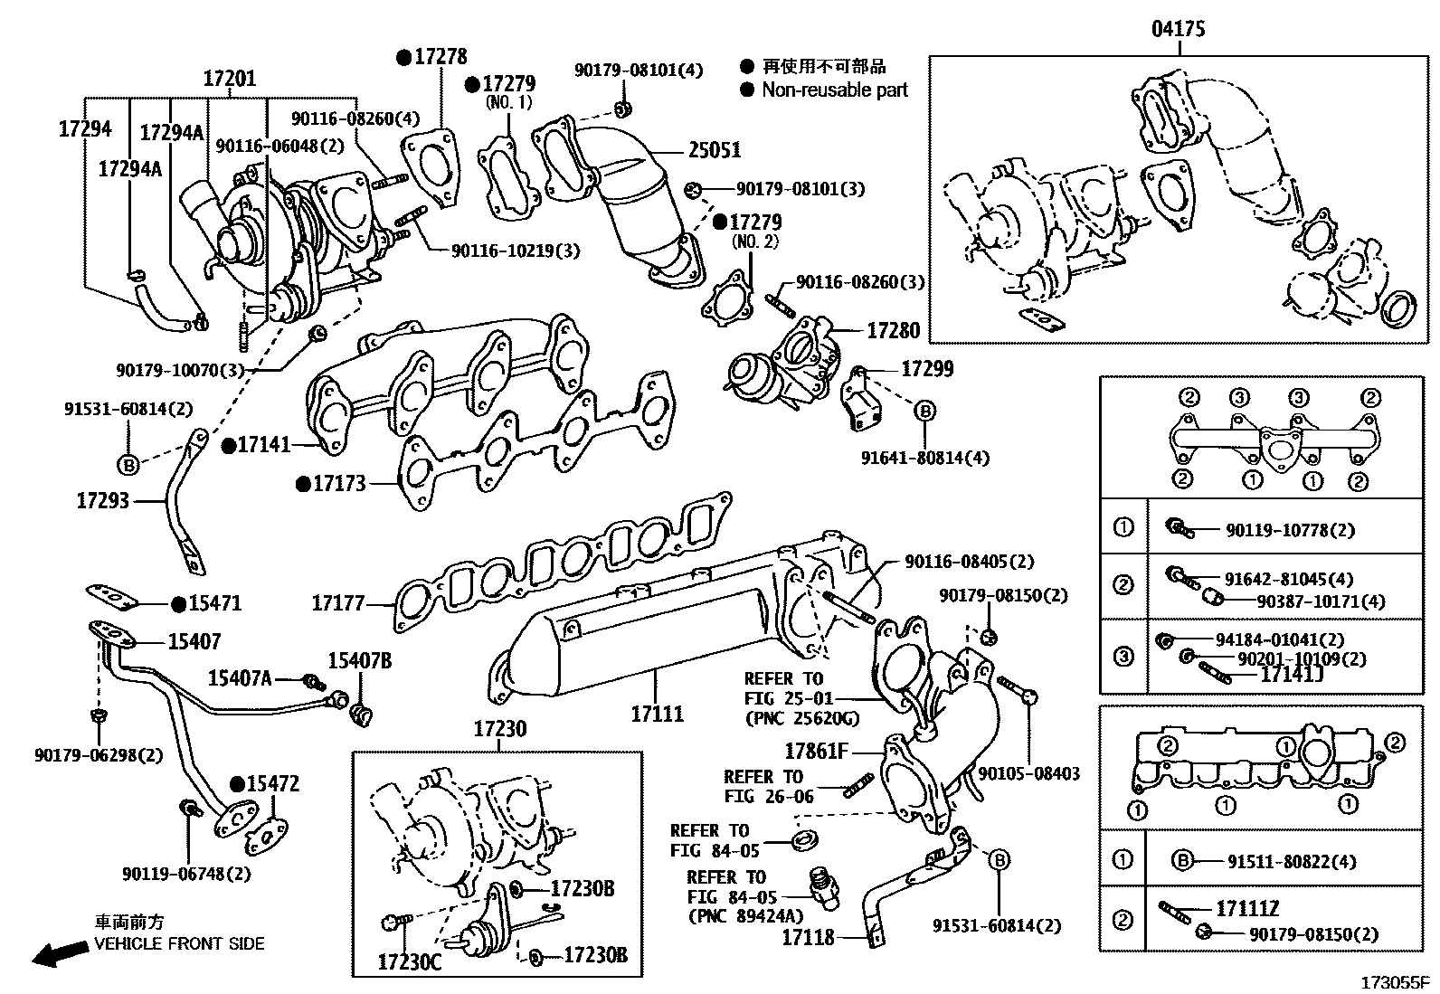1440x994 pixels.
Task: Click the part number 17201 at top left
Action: pyautogui.click(x=229, y=79)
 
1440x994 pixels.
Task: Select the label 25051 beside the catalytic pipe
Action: pyautogui.click(x=715, y=150)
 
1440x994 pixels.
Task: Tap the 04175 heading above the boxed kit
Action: pyautogui.click(x=1178, y=30)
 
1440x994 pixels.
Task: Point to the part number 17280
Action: pyautogui.click(x=893, y=331)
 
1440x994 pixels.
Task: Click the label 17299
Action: pyautogui.click(x=927, y=369)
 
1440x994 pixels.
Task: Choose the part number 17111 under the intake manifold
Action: pyautogui.click(x=658, y=714)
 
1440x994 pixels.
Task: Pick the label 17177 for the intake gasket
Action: pyautogui.click(x=338, y=602)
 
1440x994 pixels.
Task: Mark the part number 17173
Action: pyautogui.click(x=339, y=484)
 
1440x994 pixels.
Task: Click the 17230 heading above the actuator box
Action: pyautogui.click(x=500, y=729)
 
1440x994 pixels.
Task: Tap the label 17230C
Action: pyautogui.click(x=410, y=961)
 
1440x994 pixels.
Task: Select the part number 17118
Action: pyautogui.click(x=808, y=938)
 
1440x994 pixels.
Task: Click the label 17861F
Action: pyautogui.click(x=816, y=752)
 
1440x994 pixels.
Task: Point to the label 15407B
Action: pyautogui.click(x=359, y=661)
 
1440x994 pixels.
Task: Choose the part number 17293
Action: pyautogui.click(x=102, y=500)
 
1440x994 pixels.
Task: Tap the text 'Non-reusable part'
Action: pyautogui.click(x=834, y=90)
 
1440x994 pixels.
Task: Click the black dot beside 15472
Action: pyautogui.click(x=237, y=784)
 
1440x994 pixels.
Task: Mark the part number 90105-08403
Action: pyautogui.click(x=1028, y=774)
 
